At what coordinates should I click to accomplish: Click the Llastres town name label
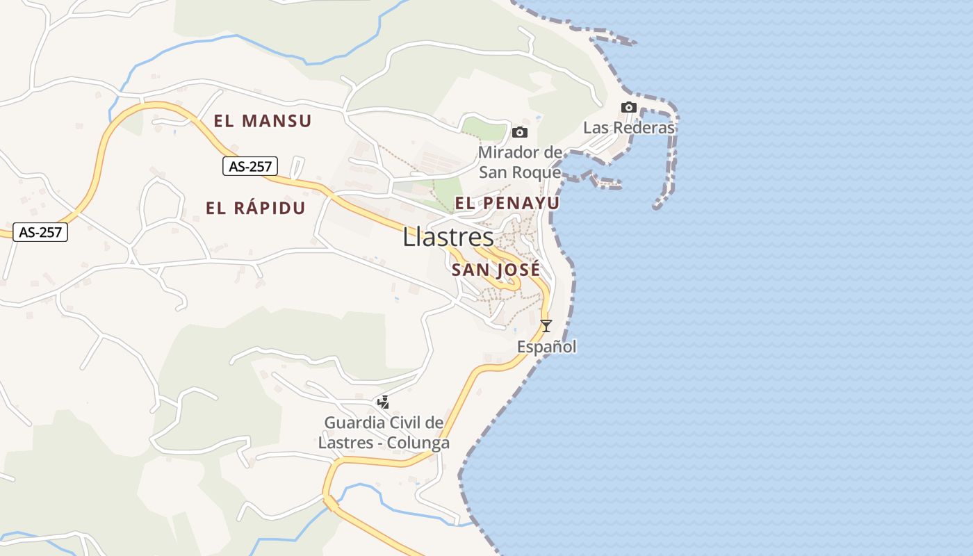click(x=448, y=238)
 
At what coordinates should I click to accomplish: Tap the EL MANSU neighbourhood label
click(x=263, y=121)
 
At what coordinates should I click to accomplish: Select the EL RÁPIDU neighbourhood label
click(x=256, y=208)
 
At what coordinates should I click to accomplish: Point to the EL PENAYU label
click(x=507, y=203)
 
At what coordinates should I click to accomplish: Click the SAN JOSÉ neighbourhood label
click(x=496, y=270)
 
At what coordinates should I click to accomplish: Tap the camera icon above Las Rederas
click(x=629, y=107)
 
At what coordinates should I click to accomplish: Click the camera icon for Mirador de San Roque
click(x=520, y=132)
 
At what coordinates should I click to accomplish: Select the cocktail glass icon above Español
click(x=546, y=325)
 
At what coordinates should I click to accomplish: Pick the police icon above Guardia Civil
click(x=383, y=402)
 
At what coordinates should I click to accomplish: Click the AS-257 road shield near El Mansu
click(x=250, y=165)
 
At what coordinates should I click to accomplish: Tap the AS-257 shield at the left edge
click(x=40, y=232)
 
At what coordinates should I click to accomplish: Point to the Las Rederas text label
click(x=629, y=128)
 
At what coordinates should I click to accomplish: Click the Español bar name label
click(x=547, y=346)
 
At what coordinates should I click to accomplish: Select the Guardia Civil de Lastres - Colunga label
click(x=384, y=432)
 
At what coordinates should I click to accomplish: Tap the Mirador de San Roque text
click(x=520, y=162)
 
